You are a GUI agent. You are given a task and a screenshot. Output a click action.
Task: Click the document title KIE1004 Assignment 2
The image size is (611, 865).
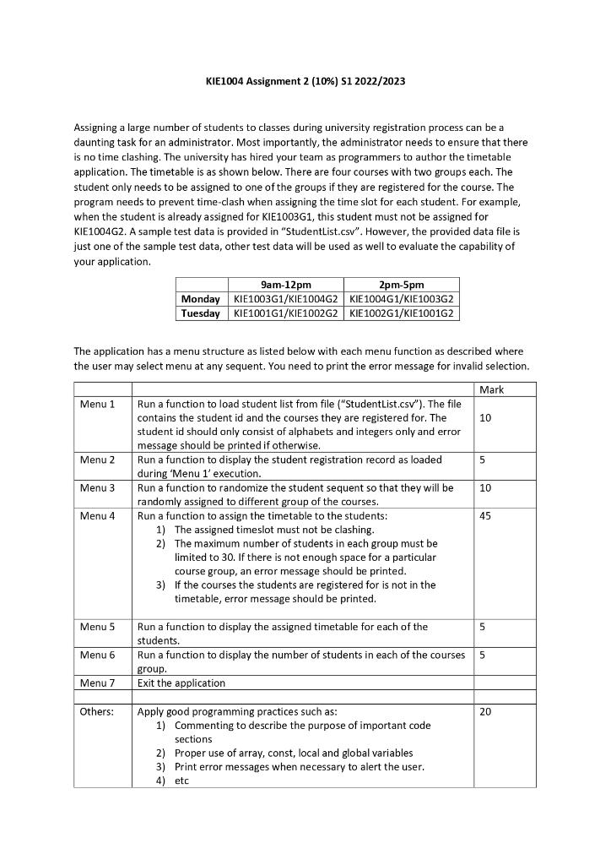tap(305, 82)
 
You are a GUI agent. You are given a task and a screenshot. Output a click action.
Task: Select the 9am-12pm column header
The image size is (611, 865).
tap(285, 286)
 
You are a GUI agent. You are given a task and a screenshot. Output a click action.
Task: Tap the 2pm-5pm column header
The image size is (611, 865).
tap(402, 286)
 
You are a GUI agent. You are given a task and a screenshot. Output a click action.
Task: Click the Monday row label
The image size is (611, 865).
tap(201, 299)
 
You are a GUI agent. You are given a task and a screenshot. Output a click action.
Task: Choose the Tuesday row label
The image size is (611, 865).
tap(201, 313)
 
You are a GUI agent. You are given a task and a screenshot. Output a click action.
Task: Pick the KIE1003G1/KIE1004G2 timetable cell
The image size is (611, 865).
tap(285, 299)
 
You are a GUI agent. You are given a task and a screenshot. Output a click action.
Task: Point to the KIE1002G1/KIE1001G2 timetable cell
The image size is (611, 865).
tap(402, 313)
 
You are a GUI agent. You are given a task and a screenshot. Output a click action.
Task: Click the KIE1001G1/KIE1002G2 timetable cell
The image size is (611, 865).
tap(285, 313)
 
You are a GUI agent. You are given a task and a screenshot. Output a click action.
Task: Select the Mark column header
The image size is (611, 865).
tap(491, 389)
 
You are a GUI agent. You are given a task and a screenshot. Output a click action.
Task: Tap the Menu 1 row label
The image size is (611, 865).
tap(97, 404)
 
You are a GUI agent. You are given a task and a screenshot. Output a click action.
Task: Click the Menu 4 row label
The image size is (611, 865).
tap(97, 515)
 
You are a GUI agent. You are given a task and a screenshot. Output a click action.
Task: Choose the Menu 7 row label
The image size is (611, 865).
tap(97, 683)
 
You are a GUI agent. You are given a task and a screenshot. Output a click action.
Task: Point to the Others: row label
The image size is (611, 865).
tap(96, 711)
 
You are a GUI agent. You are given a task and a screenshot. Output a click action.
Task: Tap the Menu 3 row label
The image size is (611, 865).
tap(97, 487)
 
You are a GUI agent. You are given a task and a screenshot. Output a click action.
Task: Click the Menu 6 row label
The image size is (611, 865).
tap(97, 655)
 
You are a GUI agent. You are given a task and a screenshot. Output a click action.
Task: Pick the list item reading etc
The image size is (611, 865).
tap(181, 781)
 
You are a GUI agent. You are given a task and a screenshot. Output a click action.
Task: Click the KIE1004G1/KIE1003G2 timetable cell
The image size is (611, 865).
tap(402, 299)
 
